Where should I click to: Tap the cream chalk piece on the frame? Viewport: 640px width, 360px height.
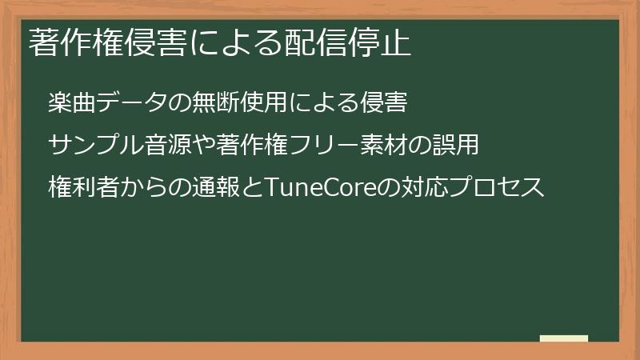(x=564, y=339)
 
